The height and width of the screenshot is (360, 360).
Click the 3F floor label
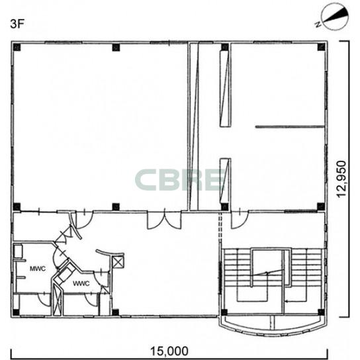point(17,24)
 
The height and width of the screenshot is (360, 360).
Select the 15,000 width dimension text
point(169,351)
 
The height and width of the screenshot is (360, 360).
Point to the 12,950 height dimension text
point(341,179)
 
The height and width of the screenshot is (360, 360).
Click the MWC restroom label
point(38,269)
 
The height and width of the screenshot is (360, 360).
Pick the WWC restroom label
point(81,283)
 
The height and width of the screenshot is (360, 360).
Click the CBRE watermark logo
point(180,180)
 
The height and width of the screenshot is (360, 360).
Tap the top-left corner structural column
point(17,47)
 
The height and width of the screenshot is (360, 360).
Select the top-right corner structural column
point(321,47)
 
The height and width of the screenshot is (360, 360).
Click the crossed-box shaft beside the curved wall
point(118,262)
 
